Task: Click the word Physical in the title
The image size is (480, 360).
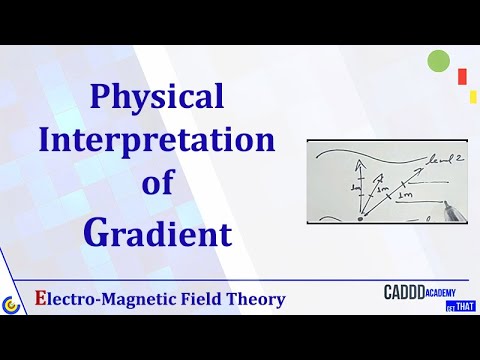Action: pos(157,97)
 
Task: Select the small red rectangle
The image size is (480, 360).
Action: pos(461,76)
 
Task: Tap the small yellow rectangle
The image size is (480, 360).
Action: pos(472,96)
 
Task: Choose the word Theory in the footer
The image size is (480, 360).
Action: pos(255,299)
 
